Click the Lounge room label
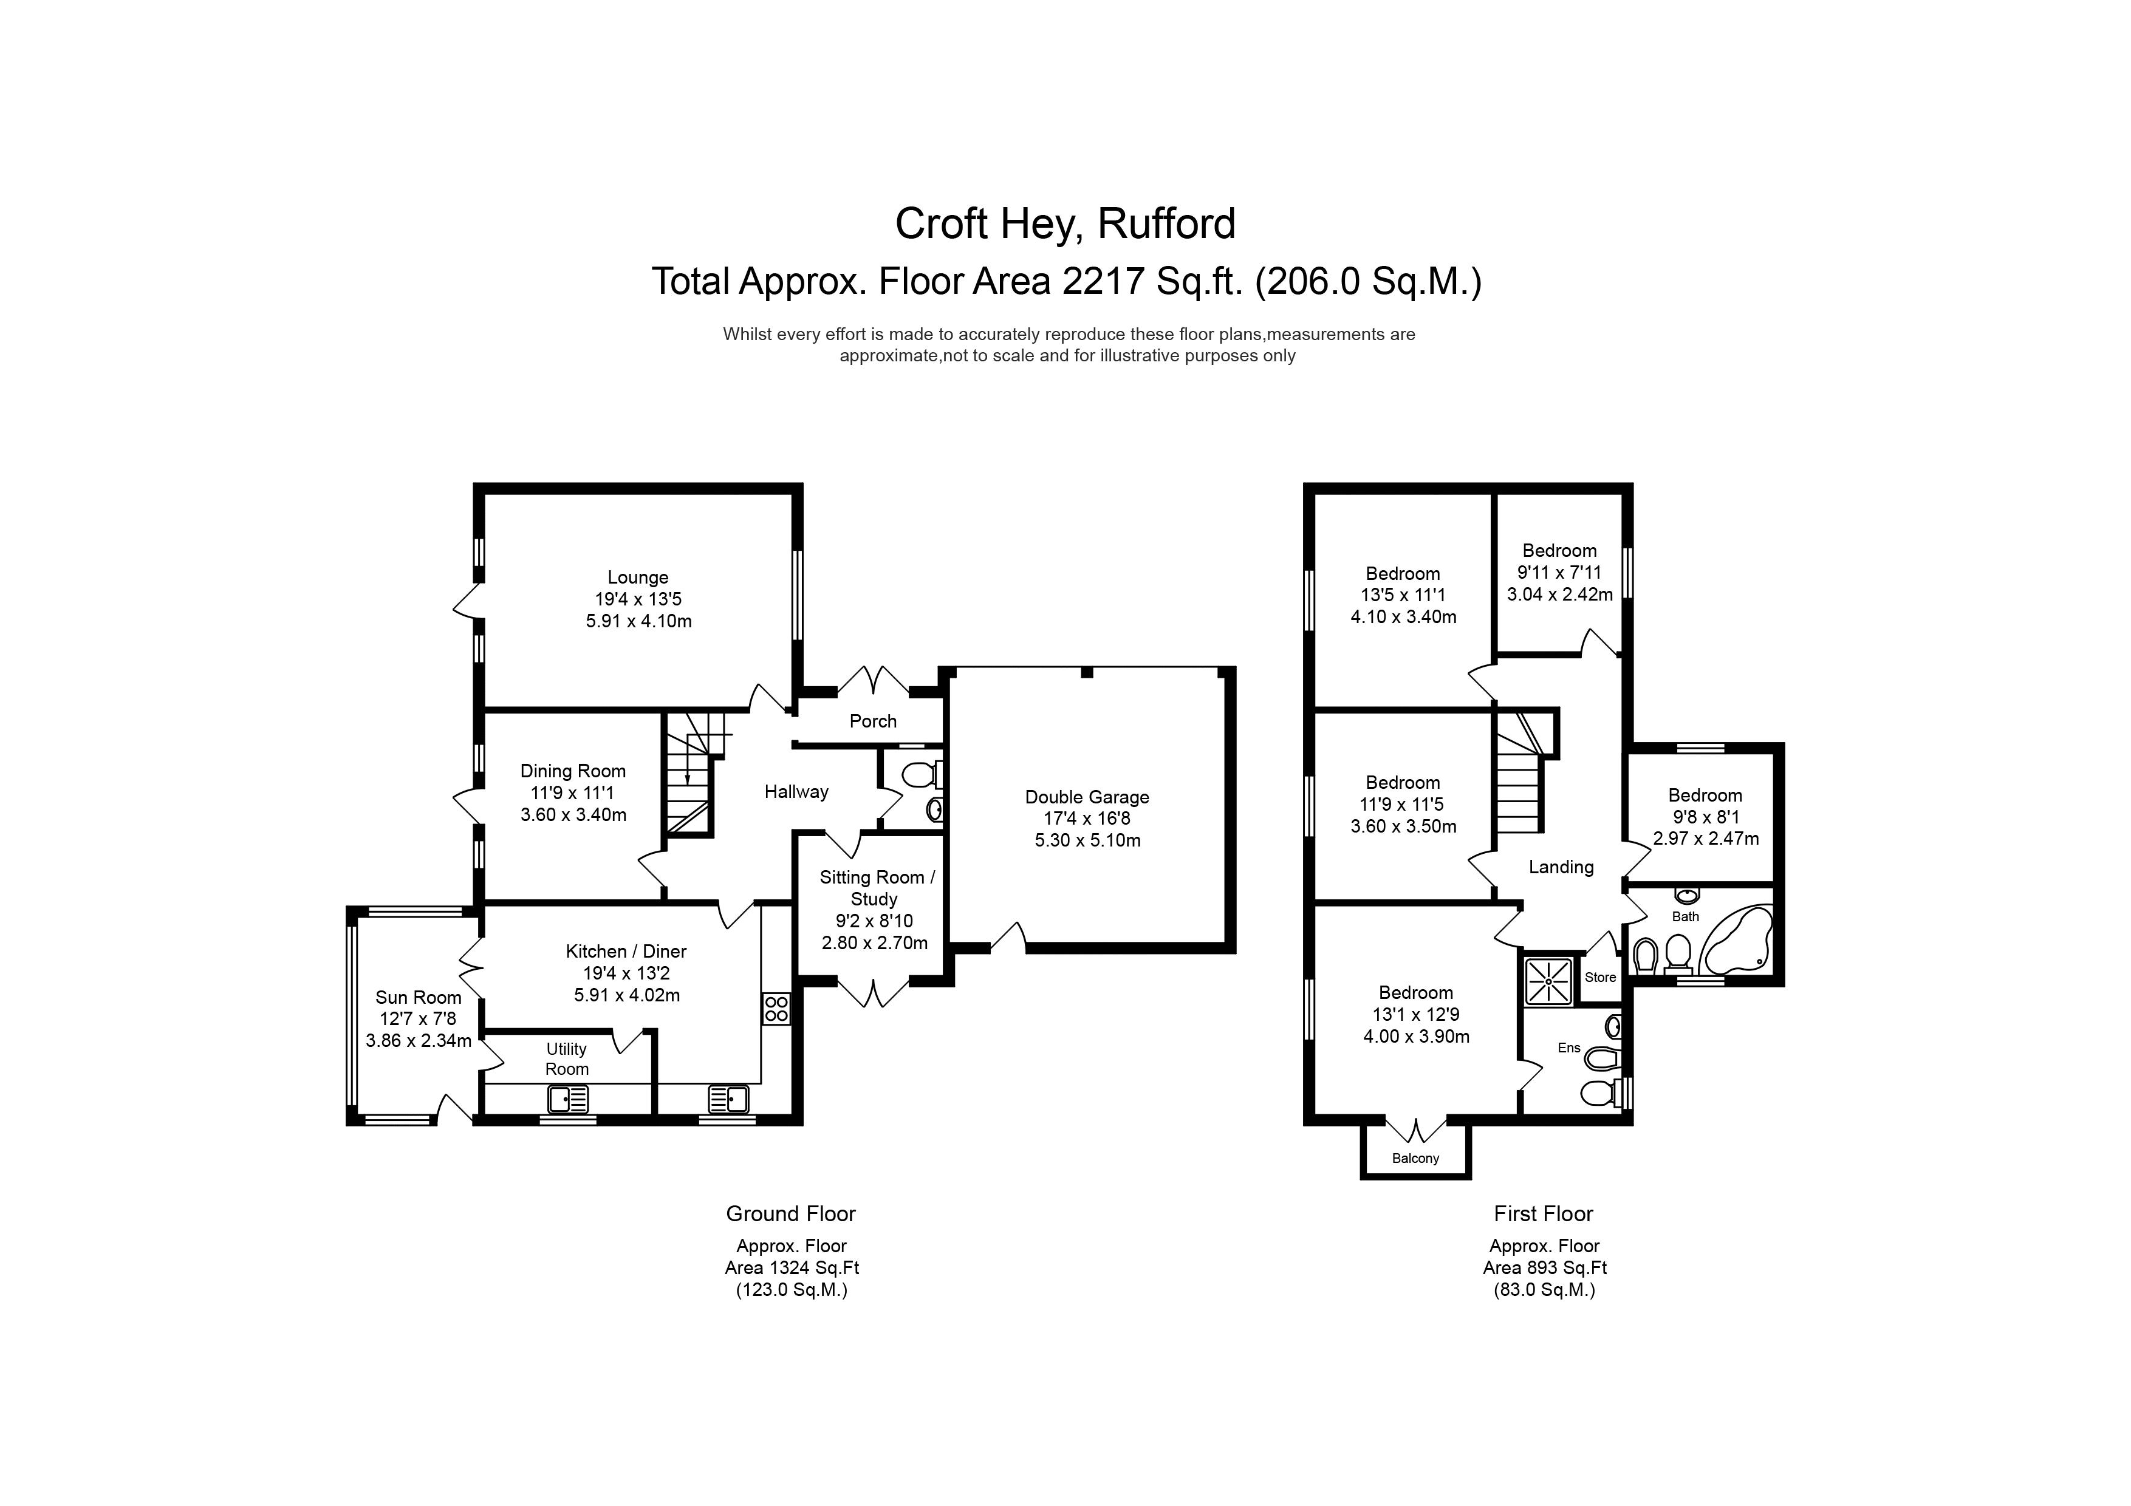pyautogui.click(x=638, y=577)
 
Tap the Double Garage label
pyautogui.click(x=1087, y=797)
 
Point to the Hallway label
pyautogui.click(x=796, y=791)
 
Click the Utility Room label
pyautogui.click(x=566, y=1058)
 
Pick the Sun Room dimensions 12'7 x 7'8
pyautogui.click(x=418, y=1019)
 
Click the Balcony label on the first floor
pyautogui.click(x=1415, y=1158)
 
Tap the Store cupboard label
pyautogui.click(x=1600, y=977)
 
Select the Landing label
pyautogui.click(x=1561, y=867)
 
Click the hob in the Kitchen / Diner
pyautogui.click(x=776, y=1010)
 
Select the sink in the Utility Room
pyautogui.click(x=568, y=1100)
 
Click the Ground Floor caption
pyautogui.click(x=791, y=1214)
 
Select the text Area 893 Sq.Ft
pyautogui.click(x=1544, y=1267)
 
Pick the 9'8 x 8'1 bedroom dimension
pyautogui.click(x=1705, y=817)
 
